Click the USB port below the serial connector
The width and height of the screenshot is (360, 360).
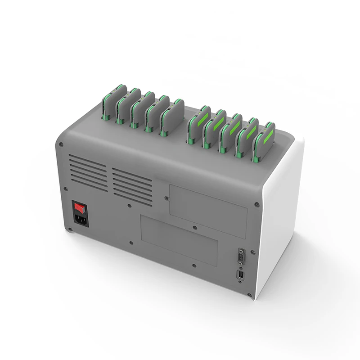point(240,274)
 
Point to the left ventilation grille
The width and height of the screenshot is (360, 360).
point(88,173)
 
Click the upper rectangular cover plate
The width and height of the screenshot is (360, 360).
point(208,204)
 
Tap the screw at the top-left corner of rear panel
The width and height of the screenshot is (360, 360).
point(61,144)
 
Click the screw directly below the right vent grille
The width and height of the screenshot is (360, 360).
point(130,206)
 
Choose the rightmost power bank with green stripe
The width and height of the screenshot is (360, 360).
point(263,141)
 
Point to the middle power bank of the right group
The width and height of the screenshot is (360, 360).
point(229,133)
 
